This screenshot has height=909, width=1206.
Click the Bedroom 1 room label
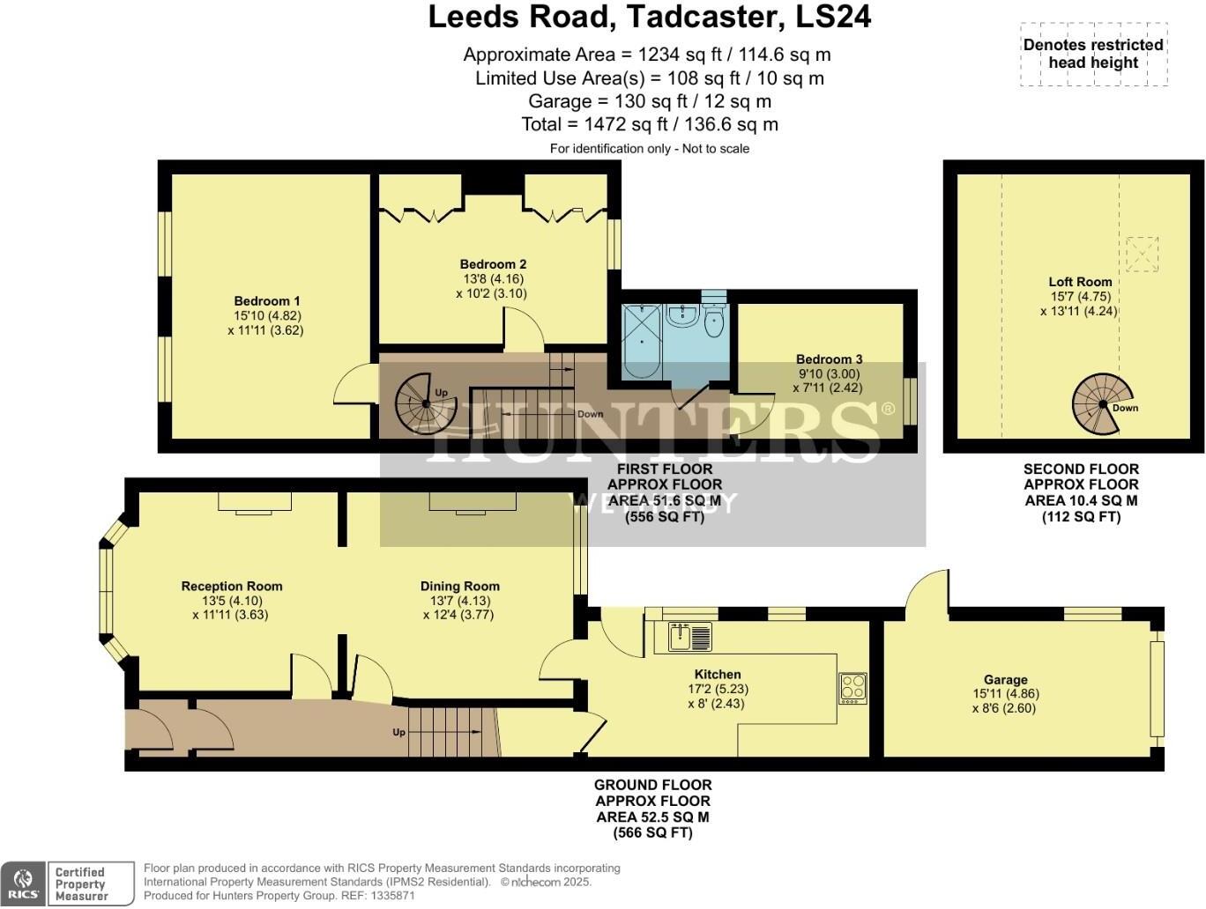(x=267, y=301)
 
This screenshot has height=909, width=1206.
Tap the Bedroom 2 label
(x=493, y=264)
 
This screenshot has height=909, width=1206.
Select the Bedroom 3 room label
(x=829, y=359)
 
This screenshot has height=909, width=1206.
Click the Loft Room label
(x=1080, y=282)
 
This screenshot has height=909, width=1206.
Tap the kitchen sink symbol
(x=689, y=636)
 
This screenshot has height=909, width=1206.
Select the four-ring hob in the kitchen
(x=852, y=687)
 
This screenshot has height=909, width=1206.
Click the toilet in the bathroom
(x=714, y=321)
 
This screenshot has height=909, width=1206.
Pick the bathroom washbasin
(x=681, y=315)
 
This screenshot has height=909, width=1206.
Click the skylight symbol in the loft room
(x=1142, y=255)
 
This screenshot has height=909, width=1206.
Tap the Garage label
(x=1005, y=679)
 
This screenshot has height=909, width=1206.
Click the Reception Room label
(x=232, y=586)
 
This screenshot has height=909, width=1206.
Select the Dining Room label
(x=459, y=586)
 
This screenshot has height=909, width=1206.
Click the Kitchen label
(x=718, y=674)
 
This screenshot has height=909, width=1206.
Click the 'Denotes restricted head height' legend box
(x=1093, y=54)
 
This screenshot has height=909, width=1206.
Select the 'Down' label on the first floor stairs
(x=590, y=414)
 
